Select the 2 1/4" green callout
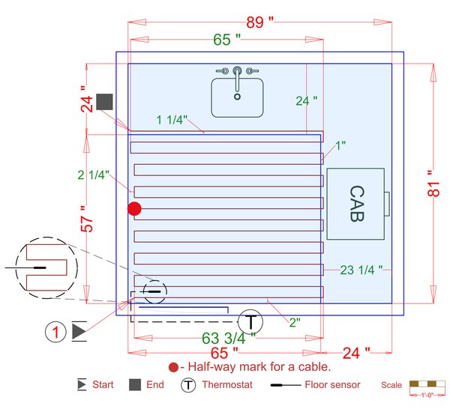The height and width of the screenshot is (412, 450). (94, 175)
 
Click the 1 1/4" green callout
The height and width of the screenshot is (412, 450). (172, 119)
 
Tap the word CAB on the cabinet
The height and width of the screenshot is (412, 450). (356, 204)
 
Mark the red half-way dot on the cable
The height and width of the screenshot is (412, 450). (134, 209)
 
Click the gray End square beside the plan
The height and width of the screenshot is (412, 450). (104, 102)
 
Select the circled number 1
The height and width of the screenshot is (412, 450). (55, 330)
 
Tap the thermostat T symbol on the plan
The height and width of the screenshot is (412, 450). (251, 321)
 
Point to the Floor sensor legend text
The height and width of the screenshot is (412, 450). (333, 385)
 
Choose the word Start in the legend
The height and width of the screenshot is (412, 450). (103, 385)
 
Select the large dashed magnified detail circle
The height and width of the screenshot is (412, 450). (47, 266)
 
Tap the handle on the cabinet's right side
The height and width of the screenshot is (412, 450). (388, 204)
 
